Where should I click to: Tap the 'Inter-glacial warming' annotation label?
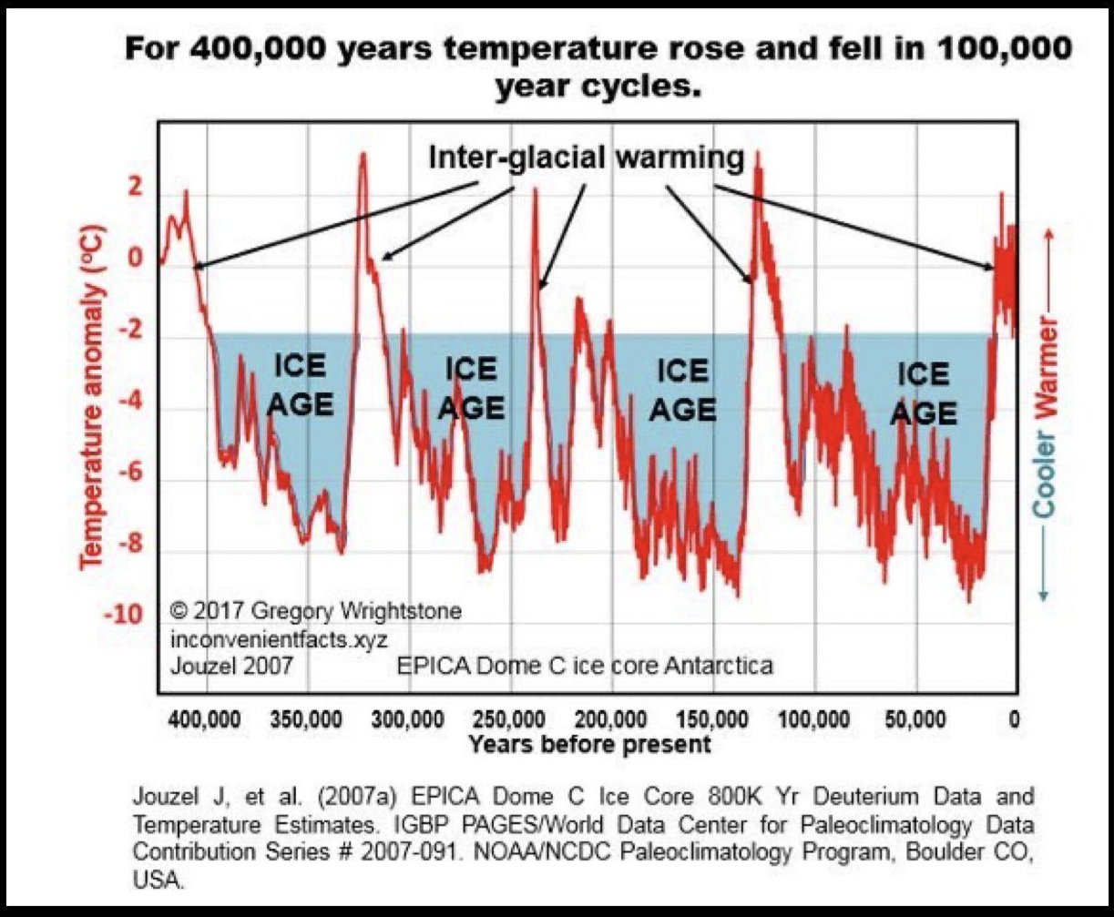coord(587,158)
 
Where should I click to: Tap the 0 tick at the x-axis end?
coord(1014,719)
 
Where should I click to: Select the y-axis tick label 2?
coord(136,189)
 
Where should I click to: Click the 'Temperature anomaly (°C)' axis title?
coord(93,397)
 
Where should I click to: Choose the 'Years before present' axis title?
coord(589,744)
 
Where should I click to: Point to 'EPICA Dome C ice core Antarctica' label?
coord(586,666)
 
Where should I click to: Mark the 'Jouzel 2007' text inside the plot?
coord(232,666)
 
